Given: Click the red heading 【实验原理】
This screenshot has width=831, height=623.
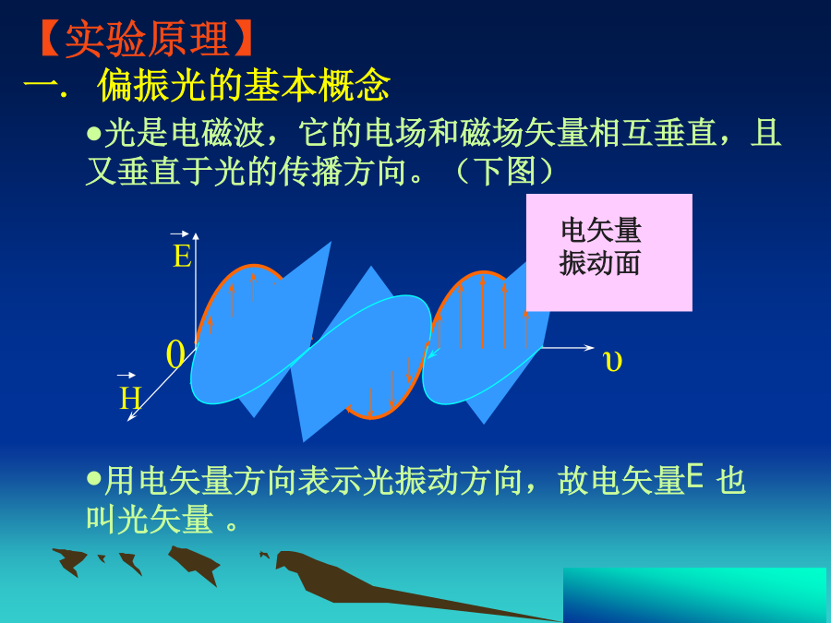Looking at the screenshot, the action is pos(146,39).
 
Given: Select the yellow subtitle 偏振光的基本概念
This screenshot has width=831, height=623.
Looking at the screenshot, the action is pos(245,84).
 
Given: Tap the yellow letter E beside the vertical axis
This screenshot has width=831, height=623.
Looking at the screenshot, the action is pos(182,257).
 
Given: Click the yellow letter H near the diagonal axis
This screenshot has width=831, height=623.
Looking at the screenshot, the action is pos(130,398).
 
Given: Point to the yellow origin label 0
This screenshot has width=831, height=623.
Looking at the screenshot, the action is pos(175,354).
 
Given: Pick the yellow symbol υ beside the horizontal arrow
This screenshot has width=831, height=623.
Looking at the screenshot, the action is pos(612,361).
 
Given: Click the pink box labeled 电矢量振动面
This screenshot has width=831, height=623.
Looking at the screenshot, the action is pos(609,252).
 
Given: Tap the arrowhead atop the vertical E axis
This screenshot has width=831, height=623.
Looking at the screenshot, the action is pos(196,236).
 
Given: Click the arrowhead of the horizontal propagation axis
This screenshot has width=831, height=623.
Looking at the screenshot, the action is pos(589,348).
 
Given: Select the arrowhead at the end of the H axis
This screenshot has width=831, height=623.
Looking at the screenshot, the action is pos(131,417).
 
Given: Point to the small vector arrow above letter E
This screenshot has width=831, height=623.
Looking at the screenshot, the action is pos(179,234).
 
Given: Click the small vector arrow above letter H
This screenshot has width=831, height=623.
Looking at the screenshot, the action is pos(126,375).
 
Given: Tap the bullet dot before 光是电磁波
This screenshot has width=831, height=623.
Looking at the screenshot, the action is pos(94,132).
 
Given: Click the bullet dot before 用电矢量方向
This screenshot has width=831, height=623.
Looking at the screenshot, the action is pos(94,479).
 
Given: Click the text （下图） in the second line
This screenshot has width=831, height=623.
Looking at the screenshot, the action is pos(503,171).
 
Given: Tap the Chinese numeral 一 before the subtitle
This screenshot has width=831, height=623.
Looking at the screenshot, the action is pos(42,85).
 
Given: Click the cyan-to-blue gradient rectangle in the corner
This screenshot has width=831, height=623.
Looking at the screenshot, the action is pos(694,595).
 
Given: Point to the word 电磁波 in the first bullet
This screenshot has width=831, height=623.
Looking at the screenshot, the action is pos(218,132).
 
